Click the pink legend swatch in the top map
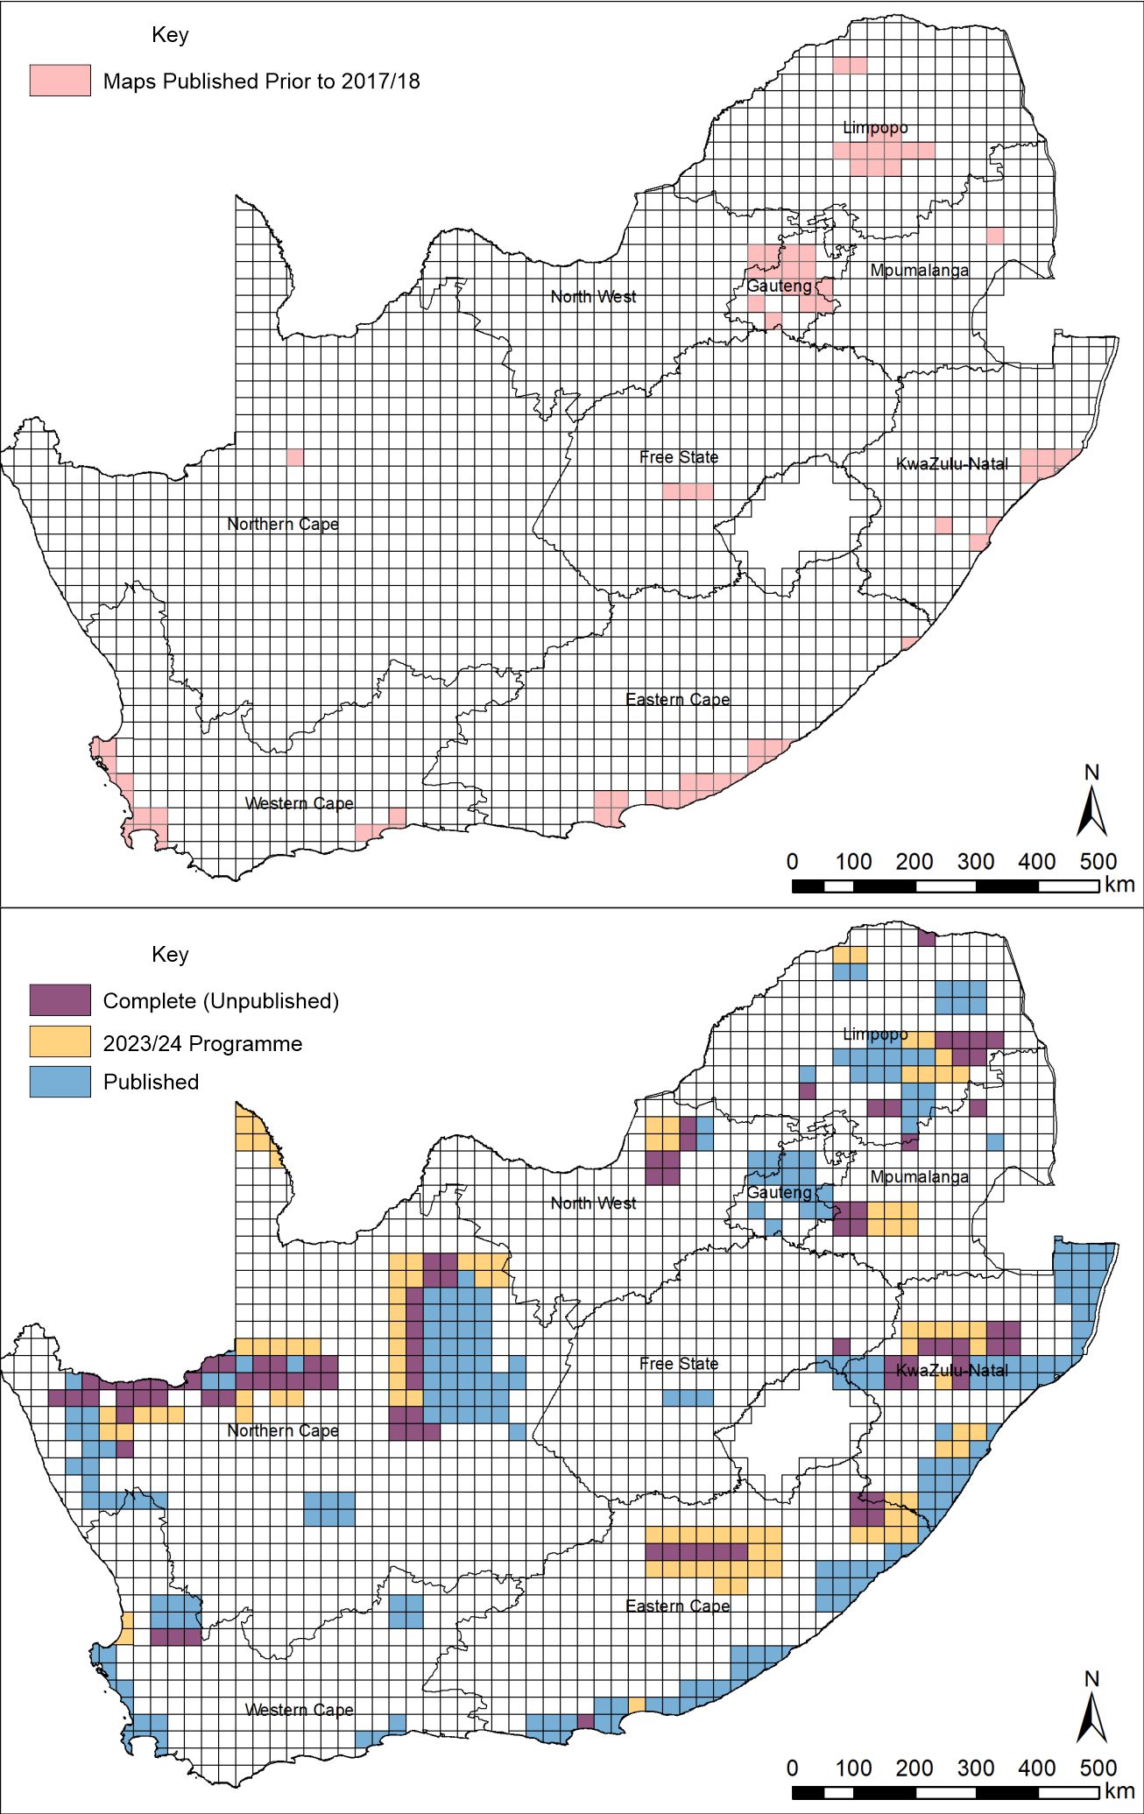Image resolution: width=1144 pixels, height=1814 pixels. point(60,81)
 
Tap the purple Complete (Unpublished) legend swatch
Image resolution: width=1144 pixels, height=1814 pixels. point(60,999)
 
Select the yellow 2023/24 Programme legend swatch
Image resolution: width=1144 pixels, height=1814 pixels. point(60,1041)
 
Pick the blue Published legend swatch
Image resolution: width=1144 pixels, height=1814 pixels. point(60,1081)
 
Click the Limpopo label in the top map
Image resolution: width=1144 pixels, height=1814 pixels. point(874,128)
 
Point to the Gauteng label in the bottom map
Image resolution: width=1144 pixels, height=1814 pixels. point(779,1192)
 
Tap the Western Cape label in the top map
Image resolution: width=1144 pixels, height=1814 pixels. point(300,803)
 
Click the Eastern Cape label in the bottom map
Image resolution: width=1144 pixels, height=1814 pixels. point(677,1606)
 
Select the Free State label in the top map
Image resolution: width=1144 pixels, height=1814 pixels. point(679,457)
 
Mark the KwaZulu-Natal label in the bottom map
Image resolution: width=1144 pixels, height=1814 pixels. point(952,1370)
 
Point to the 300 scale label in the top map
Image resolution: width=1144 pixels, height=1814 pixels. point(975,862)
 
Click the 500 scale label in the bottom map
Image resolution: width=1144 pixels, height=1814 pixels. point(1098,1768)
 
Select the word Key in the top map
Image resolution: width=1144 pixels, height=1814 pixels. point(170,35)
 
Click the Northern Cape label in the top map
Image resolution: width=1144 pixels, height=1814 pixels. point(282,524)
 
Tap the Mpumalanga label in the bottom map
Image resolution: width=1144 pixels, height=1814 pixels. point(919,1176)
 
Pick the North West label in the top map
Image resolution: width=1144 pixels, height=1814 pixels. point(593,297)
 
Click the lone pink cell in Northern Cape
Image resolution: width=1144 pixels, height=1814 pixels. point(295,457)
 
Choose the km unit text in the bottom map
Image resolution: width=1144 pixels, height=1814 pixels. point(1119,1790)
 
